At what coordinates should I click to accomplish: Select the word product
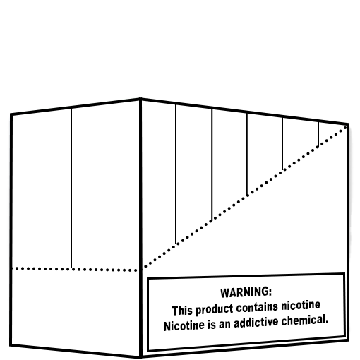215,310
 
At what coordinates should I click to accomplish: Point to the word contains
257,307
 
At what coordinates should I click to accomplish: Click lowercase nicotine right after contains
301,305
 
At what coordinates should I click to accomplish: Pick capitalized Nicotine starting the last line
184,326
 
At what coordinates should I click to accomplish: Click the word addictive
256,323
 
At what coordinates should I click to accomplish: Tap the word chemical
305,320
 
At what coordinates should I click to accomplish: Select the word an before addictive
224,325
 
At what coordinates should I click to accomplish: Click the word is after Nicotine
212,325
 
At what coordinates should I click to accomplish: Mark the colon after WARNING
270,292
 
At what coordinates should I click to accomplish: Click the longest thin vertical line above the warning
176,174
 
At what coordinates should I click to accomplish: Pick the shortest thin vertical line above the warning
318,134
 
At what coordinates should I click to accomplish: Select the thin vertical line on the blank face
71,188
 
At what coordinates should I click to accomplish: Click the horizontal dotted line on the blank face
75,269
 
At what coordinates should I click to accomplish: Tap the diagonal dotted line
245,197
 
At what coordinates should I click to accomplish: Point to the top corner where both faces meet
140,99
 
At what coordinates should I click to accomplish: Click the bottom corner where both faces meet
140,357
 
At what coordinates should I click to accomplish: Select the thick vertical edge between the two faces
140,228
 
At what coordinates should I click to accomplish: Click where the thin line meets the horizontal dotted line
71,269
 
